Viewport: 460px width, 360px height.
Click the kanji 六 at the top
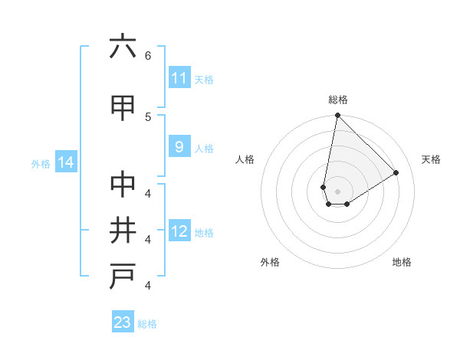pyautogui.click(x=123, y=47)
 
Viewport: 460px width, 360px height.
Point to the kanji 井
pyautogui.click(x=123, y=231)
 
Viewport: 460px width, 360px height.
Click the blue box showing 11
pyautogui.click(x=179, y=78)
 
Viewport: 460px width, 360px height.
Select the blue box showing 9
pyautogui.click(x=179, y=147)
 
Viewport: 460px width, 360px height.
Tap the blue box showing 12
pyautogui.click(x=179, y=231)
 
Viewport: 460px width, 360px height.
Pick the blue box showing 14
pyautogui.click(x=65, y=162)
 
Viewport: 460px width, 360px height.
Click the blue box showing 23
pyautogui.click(x=123, y=322)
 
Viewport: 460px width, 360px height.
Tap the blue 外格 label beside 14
pyautogui.click(x=41, y=163)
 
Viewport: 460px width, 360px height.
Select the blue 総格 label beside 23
pyautogui.click(x=147, y=323)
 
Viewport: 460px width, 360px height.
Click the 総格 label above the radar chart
pyautogui.click(x=338, y=100)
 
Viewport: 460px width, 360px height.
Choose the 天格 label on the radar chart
pyautogui.click(x=431, y=159)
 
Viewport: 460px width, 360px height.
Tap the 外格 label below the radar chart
pyautogui.click(x=270, y=262)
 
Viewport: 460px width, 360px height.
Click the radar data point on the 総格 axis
pyautogui.click(x=337, y=116)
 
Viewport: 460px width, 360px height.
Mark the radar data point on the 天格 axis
pyautogui.click(x=396, y=172)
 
